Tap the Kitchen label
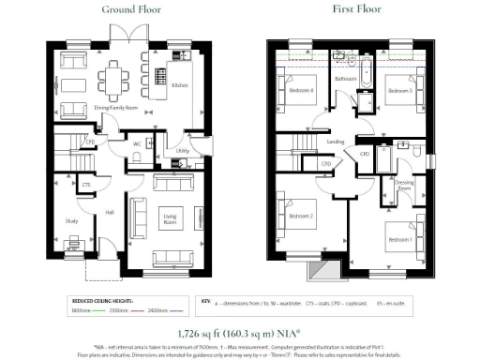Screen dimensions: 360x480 pyautogui.click(x=180, y=84)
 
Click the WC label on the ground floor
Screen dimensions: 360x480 pyautogui.click(x=137, y=144)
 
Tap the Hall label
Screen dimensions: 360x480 pyautogui.click(x=109, y=212)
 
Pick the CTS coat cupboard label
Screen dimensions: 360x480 pyautogui.click(x=85, y=186)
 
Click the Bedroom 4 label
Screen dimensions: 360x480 pyautogui.click(x=299, y=92)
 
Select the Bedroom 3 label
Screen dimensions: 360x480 pyautogui.click(x=403, y=91)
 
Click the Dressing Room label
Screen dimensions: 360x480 pyautogui.click(x=404, y=185)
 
